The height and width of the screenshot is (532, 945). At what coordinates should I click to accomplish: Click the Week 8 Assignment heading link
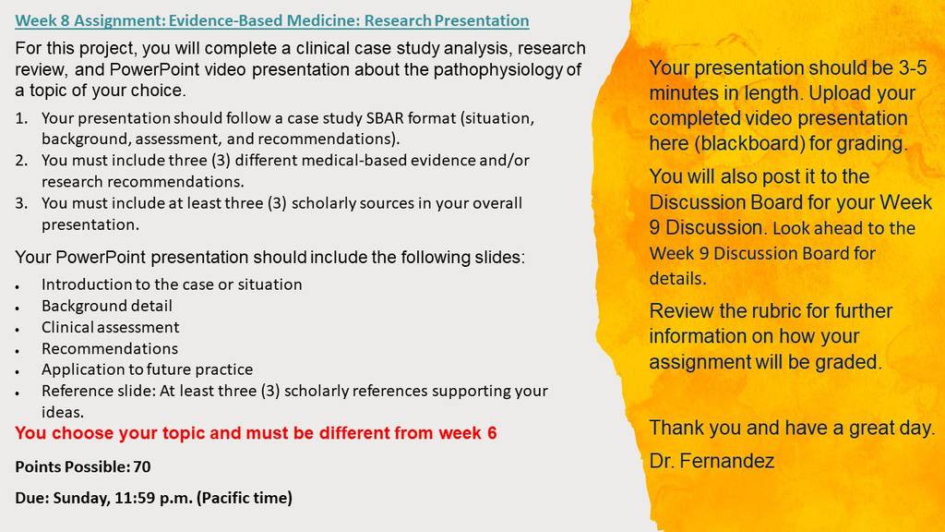click(272, 20)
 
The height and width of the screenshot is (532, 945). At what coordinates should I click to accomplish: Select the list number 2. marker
click(22, 161)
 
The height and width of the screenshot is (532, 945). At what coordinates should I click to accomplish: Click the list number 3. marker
click(22, 203)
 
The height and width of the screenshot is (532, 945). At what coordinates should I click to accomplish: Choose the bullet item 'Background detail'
click(107, 306)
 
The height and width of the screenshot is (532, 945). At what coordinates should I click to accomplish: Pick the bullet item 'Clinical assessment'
click(111, 327)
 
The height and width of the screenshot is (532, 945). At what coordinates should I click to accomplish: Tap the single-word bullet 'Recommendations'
click(110, 348)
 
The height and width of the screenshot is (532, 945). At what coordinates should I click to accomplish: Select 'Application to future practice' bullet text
click(147, 369)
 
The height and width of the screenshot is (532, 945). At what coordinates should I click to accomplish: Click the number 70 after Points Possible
click(142, 466)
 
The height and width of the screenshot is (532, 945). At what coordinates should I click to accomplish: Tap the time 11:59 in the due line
click(134, 498)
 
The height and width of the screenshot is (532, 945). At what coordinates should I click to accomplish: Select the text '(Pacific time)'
click(245, 498)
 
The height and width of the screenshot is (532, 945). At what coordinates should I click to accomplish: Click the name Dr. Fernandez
click(712, 462)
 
